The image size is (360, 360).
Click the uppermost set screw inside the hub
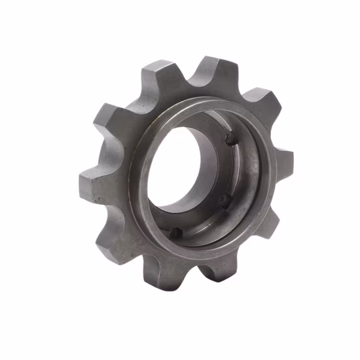pyautogui.click(x=228, y=138)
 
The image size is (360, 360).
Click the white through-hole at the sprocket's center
pyautogui.click(x=177, y=170)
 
